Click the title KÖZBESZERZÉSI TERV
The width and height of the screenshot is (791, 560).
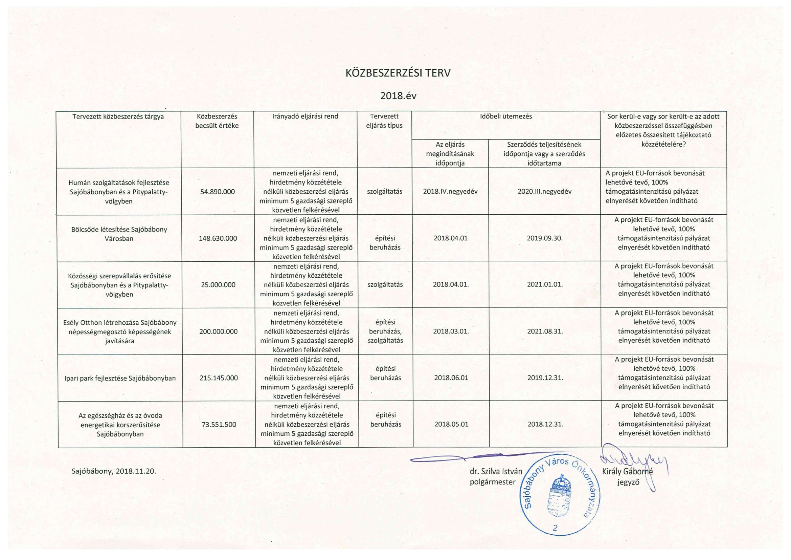tap(398, 73)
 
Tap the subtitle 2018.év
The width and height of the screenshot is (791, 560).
tap(398, 96)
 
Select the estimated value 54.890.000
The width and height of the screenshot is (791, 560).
tap(218, 192)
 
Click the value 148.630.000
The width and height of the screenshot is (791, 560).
tap(218, 238)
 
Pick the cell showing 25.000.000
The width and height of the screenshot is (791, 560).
tap(218, 285)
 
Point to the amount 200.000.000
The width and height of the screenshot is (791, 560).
tap(219, 331)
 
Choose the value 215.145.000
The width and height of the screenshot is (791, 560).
tap(219, 378)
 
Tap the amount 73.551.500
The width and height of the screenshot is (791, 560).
tap(219, 425)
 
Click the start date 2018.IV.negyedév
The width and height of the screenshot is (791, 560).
tap(450, 192)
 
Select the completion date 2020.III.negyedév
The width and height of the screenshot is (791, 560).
tap(544, 192)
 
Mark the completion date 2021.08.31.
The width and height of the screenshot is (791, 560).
tap(545, 331)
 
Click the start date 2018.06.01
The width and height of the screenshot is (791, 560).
tap(451, 378)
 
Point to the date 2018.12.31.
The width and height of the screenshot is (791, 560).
tap(545, 425)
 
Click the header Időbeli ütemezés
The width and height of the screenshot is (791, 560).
tap(506, 116)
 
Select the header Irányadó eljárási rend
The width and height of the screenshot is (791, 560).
tap(305, 116)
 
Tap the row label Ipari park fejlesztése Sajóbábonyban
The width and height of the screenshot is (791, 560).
tap(120, 378)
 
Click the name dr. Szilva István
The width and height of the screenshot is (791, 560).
tap(496, 471)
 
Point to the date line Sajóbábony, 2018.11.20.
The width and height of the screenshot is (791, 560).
tap(114, 471)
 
